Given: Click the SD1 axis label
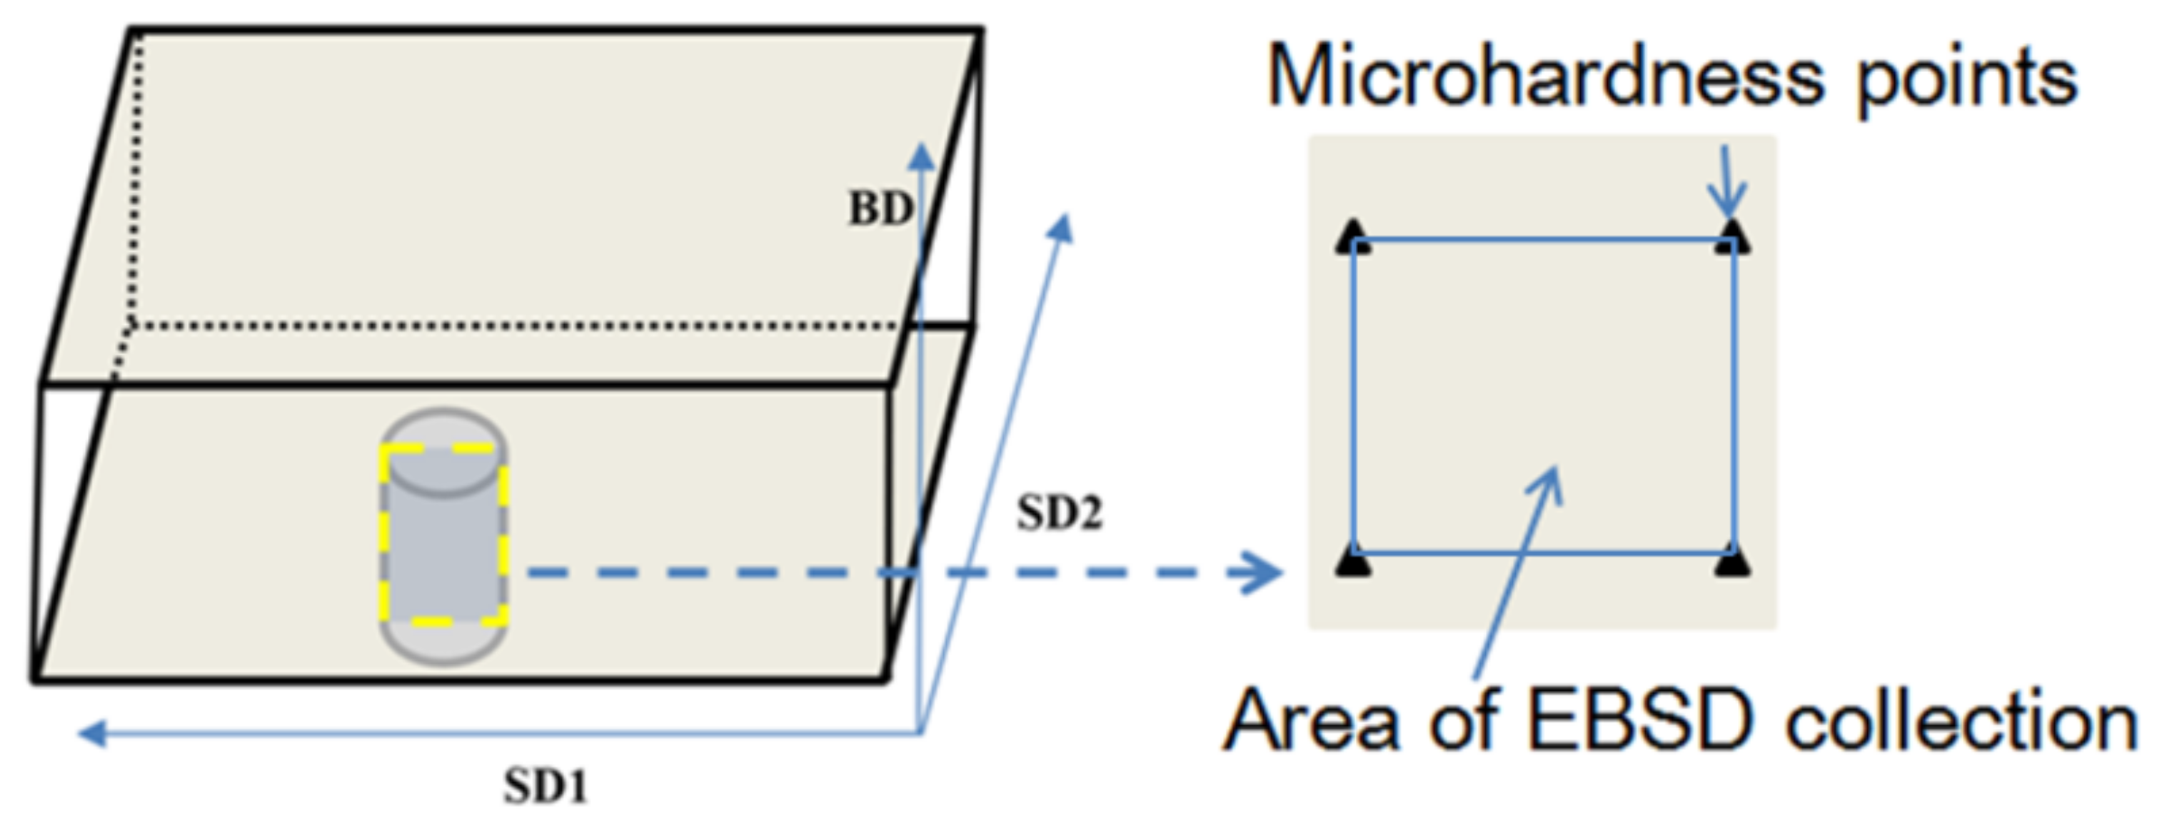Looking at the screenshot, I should pos(545,786).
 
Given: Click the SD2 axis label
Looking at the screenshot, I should pos(1059,513).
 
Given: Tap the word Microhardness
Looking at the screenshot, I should pos(1544,77).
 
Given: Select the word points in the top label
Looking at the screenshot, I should pos(1966,81).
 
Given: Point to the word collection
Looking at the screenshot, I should pos(1961,722).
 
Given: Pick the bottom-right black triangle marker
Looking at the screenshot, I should pos(1732,560).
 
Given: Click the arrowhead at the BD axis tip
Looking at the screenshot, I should pos(922,157).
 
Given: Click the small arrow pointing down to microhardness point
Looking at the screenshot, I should pos(1726,185).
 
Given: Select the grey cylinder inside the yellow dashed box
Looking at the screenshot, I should pos(443,537).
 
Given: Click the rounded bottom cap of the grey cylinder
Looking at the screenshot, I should pos(443,646).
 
